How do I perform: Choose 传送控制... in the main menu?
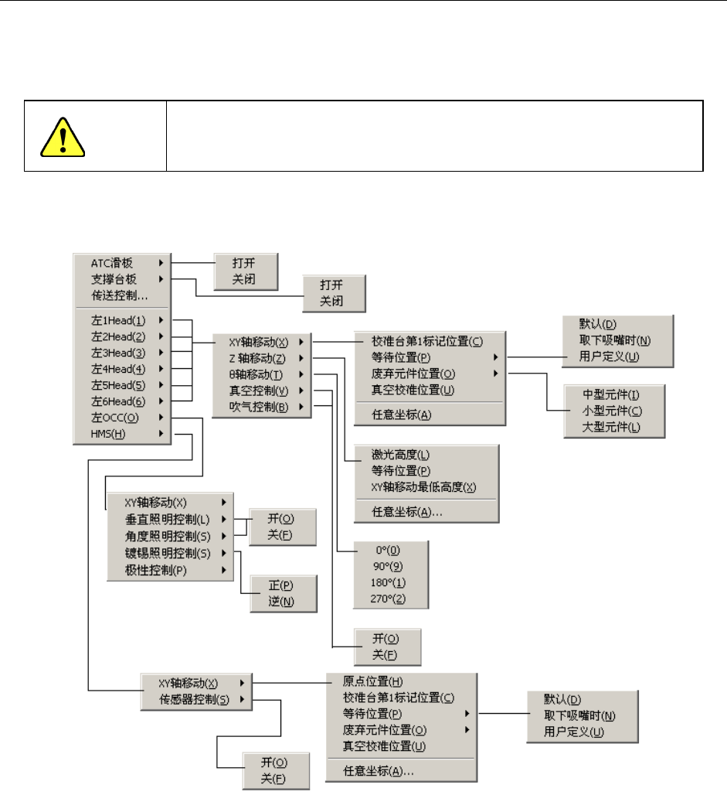119,295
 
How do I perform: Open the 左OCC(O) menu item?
114,418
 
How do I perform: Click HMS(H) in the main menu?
108,434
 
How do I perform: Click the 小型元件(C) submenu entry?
613,411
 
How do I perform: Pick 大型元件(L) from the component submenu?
613,427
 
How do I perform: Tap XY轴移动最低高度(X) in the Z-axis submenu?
423,486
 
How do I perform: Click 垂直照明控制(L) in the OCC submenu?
167,518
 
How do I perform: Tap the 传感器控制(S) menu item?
193,700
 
